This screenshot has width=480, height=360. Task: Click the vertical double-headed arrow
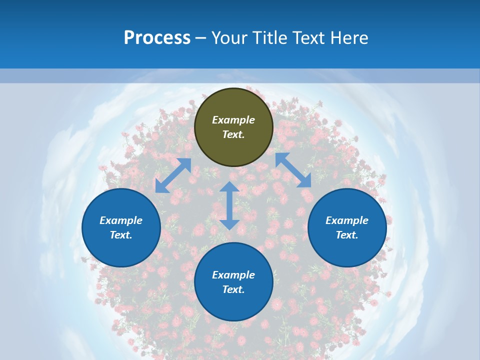coord(229,205)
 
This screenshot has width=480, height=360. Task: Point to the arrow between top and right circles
coord(293,170)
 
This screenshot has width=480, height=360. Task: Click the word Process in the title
coord(157,37)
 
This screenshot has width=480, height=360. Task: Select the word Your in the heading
coord(229,37)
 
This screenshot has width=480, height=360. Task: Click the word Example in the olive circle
coord(233,120)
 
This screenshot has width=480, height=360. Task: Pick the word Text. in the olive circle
coord(233,134)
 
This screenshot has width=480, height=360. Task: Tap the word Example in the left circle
coord(121,220)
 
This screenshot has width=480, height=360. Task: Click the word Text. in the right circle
coord(347,235)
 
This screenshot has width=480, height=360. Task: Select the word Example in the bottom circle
coord(233,275)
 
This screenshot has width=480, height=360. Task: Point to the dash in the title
coord(201,38)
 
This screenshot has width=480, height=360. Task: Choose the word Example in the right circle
coord(347,220)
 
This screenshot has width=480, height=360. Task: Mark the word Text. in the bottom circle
coord(233,289)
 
